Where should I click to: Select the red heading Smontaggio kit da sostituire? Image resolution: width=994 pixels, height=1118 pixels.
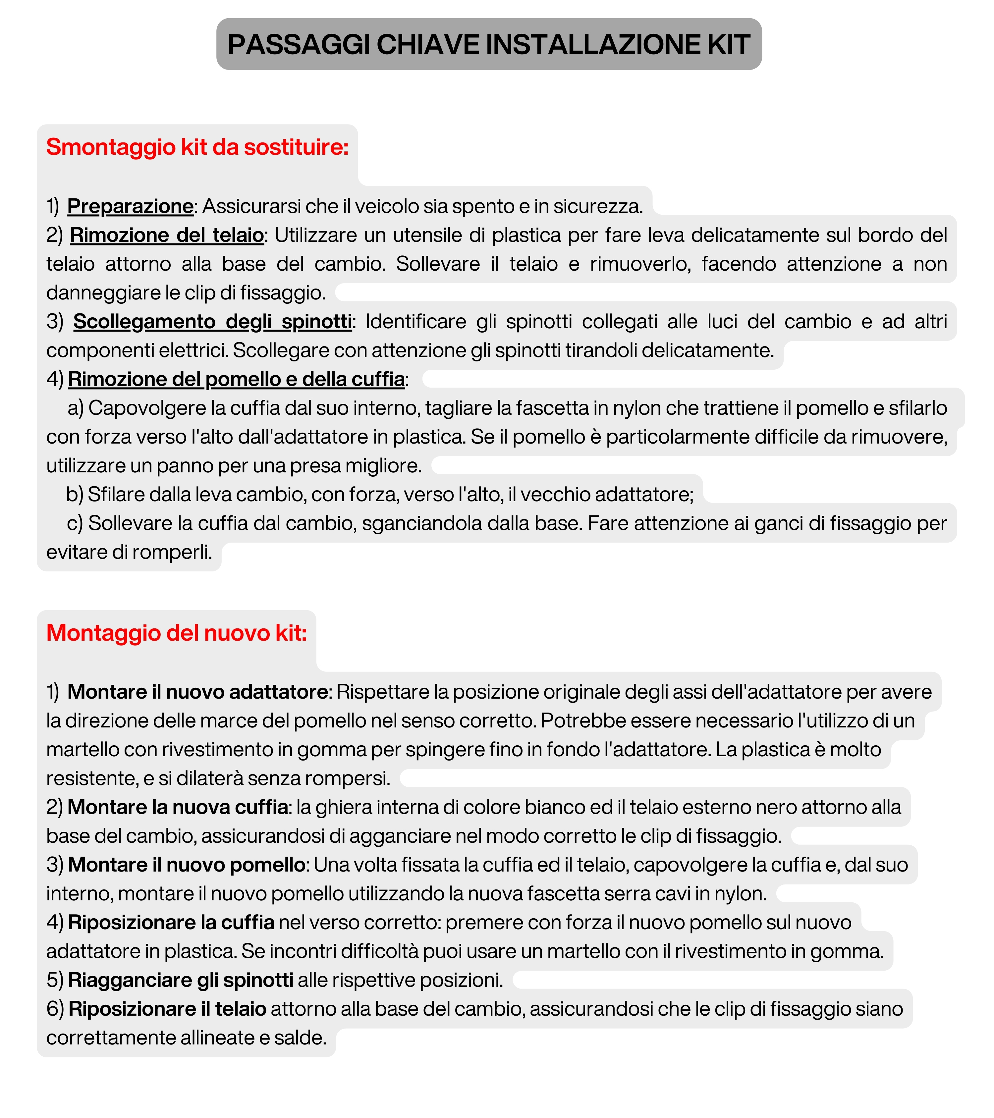tap(197, 147)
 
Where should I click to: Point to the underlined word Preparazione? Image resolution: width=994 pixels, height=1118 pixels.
tap(130, 206)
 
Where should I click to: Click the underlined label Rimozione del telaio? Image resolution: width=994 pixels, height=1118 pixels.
tap(167, 235)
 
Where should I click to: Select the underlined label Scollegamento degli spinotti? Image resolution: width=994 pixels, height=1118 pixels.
tap(212, 322)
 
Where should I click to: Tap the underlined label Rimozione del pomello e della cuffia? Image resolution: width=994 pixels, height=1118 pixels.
tap(236, 379)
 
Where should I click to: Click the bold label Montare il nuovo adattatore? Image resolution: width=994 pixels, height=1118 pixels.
tap(197, 692)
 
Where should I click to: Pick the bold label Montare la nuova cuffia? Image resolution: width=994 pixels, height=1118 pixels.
tap(178, 807)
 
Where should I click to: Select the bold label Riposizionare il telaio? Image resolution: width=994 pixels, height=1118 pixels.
tap(167, 1009)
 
